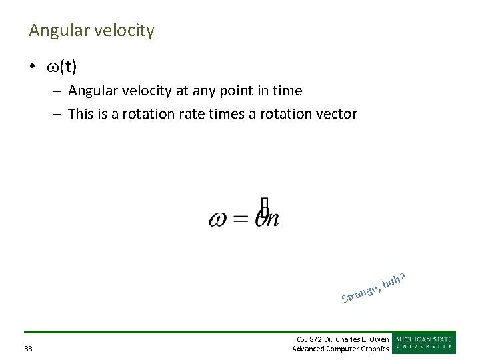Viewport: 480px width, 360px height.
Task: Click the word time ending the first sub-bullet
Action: click(287, 91)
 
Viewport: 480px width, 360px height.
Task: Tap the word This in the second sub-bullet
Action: click(81, 114)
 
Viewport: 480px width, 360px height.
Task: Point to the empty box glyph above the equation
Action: click(265, 206)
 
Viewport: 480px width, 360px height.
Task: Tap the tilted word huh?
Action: click(395, 281)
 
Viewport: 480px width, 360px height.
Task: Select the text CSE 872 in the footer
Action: click(309, 340)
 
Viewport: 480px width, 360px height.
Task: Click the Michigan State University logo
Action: click(424, 343)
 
